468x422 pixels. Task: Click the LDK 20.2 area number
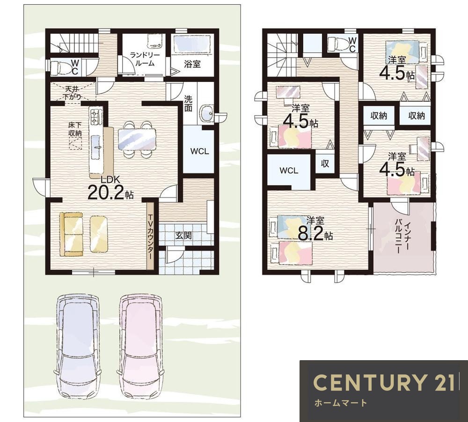pos(106,193)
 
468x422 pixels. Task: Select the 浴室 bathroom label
pos(192,64)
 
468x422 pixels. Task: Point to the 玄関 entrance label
pos(183,235)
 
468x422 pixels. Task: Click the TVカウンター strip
pos(150,236)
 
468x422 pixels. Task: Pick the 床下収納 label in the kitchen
pos(75,129)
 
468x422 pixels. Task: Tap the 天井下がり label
pos(73,93)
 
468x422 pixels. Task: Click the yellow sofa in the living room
pos(71,234)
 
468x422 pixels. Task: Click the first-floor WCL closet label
pos(200,151)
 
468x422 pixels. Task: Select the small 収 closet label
pos(325,163)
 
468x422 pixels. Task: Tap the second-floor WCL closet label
pos(289,170)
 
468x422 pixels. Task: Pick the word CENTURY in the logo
pos(366,382)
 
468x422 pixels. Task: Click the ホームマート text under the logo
pos(341,403)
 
